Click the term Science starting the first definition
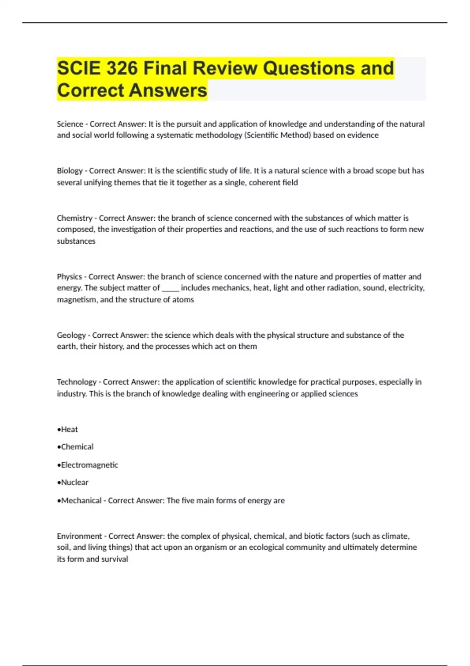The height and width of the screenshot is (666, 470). click(70, 124)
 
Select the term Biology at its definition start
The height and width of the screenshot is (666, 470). click(69, 171)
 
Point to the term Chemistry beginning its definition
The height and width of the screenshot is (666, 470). click(74, 218)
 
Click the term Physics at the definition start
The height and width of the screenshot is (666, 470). click(69, 277)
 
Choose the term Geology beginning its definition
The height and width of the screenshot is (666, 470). click(71, 335)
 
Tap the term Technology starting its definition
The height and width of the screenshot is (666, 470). click(76, 382)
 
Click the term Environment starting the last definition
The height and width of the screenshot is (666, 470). click(79, 536)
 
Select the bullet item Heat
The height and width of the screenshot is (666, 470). click(69, 429)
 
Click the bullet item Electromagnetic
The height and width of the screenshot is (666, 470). click(89, 465)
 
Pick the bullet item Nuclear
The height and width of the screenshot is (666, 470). click(74, 483)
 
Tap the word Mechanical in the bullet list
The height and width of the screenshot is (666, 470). click(81, 501)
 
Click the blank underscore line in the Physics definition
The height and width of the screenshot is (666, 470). click(170, 289)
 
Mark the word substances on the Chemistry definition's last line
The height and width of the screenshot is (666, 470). click(76, 241)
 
